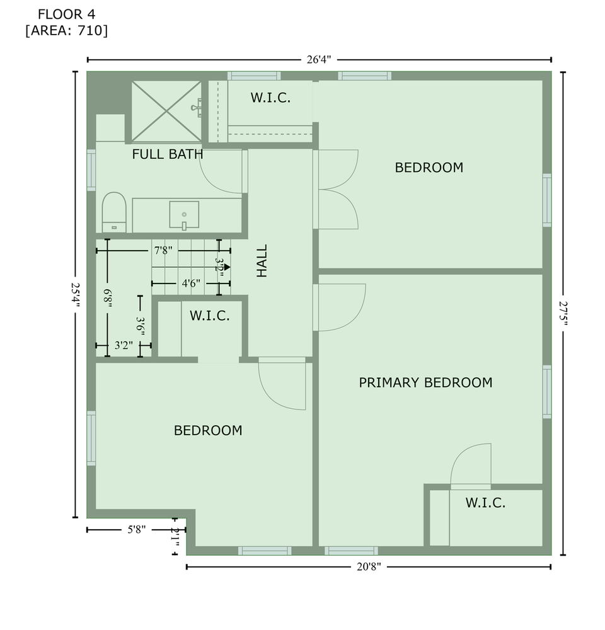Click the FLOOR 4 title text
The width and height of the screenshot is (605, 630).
tap(66, 14)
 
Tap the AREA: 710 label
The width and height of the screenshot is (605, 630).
tap(67, 30)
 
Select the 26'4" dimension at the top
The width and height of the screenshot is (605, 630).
tap(319, 60)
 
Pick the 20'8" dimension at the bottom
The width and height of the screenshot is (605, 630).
tap(369, 567)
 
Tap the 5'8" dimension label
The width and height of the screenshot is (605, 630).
tap(137, 530)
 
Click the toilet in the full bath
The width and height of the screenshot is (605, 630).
tap(114, 212)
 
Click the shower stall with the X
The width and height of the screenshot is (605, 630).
tap(166, 112)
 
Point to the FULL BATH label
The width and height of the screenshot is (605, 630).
tap(168, 154)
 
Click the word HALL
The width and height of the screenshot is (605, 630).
tap(262, 261)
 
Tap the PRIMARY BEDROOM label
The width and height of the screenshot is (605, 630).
tap(426, 382)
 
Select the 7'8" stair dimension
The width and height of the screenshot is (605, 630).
tap(163, 251)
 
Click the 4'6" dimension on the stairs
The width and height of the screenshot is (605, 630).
tap(191, 283)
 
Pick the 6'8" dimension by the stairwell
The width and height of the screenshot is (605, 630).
tap(107, 298)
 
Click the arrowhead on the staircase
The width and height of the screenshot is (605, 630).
tap(228, 266)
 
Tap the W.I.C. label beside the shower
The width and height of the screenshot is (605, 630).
tap(270, 98)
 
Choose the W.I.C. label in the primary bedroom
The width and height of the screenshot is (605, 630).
tap(486, 503)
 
